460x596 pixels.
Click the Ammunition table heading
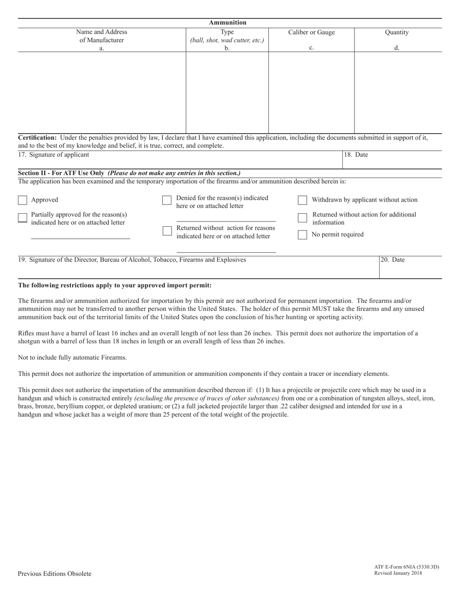coord(228,22)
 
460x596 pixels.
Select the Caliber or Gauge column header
coord(311,32)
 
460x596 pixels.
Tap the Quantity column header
coord(397,32)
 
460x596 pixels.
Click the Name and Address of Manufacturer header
coord(102,36)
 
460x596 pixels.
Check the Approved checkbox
coord(22,200)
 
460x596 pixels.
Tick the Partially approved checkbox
coord(22,218)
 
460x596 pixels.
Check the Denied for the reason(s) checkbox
coord(167,200)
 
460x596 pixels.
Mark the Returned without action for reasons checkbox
coord(167,231)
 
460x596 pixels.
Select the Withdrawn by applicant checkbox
coord(302,200)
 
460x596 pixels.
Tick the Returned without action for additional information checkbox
coord(302,218)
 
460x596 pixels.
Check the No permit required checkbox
coord(302,235)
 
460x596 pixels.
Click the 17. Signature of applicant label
coord(54,155)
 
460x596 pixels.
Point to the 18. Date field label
coord(356,155)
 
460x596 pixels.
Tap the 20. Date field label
coord(392,260)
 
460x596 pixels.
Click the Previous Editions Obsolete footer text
coord(54,574)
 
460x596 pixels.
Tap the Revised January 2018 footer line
coord(398,573)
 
